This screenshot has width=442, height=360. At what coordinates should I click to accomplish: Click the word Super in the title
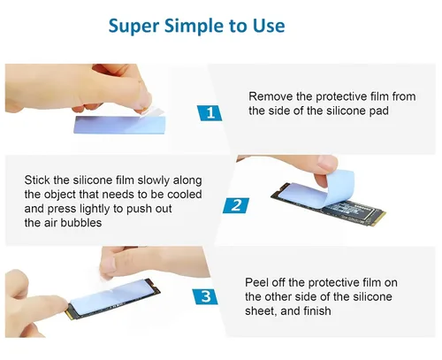pos(133,27)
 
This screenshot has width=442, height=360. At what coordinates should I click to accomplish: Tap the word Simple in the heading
pos(194,27)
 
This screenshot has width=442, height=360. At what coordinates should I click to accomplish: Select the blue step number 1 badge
pos(210,113)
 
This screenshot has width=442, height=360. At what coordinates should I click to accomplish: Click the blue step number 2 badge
pos(236,205)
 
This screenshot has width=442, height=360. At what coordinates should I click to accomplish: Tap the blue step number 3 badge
pos(205,296)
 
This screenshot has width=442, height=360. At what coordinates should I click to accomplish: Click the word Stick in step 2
pos(37,180)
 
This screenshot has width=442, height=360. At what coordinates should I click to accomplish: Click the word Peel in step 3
pos(256,282)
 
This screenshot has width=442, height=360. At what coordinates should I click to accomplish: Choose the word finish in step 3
pos(316,311)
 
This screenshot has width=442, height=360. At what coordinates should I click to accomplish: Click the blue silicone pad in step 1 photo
pos(119,125)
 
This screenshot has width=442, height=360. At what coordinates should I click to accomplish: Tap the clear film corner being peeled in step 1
pos(152,112)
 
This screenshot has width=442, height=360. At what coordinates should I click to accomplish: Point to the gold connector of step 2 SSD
pos(378,218)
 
